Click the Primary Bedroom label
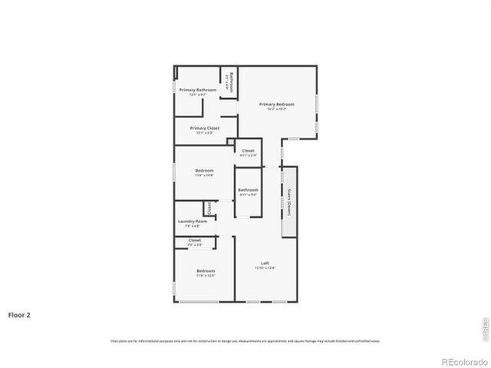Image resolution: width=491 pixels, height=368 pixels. pos(276,103)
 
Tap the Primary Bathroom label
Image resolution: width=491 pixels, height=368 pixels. pos(198,90)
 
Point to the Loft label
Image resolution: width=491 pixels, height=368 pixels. pos(265,264)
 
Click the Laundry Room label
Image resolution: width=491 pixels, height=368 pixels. pos(192,222)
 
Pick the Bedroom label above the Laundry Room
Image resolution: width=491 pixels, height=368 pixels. pos(204,170)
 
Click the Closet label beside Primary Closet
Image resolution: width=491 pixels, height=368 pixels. pos(248,150)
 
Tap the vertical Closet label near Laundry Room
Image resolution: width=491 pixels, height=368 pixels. pos(208,208)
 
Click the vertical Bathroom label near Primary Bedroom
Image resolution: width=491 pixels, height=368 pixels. pos(232,82)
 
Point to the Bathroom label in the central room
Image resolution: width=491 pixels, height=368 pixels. pos(248,189)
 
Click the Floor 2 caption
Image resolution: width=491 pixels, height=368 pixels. pos(19,314)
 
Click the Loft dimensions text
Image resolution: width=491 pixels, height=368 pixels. pos(265,268)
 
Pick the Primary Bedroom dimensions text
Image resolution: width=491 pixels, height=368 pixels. pos(276,108)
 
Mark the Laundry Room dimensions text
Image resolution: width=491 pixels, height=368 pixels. pos(192,226)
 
